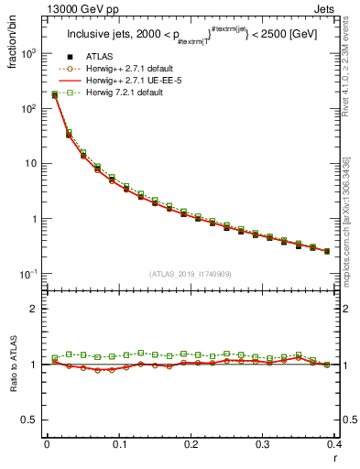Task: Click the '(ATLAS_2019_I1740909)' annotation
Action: click(x=191, y=273)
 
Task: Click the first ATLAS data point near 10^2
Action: click(x=54, y=95)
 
